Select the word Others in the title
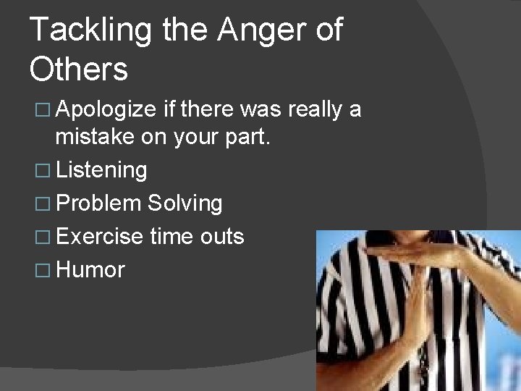coord(79,69)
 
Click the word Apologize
coord(106,110)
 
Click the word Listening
coord(101,171)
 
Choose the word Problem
coord(98,204)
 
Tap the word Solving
coord(185,204)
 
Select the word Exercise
coord(99,237)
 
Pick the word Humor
coord(90,270)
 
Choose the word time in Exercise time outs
coord(168,237)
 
